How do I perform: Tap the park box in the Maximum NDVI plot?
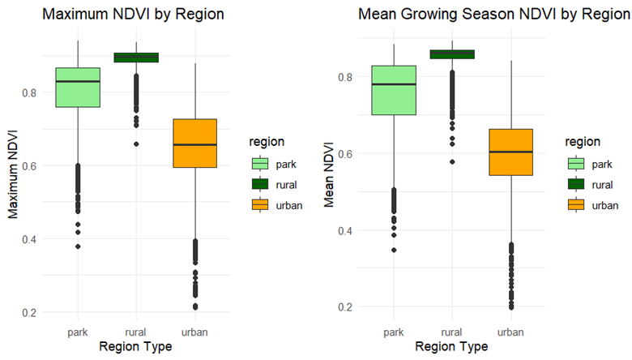click(78, 87)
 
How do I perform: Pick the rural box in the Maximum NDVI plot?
click(136, 58)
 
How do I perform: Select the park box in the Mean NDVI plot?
click(393, 90)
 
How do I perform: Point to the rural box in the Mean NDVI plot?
click(451, 54)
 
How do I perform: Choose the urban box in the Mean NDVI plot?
click(510, 152)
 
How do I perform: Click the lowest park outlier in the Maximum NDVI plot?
click(78, 246)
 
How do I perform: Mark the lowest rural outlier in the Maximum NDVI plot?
click(136, 144)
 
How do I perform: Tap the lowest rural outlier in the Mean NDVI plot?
click(451, 162)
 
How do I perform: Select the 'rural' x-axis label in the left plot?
click(136, 332)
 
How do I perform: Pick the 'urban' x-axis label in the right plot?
click(510, 332)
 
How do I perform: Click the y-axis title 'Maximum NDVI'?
click(13, 175)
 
